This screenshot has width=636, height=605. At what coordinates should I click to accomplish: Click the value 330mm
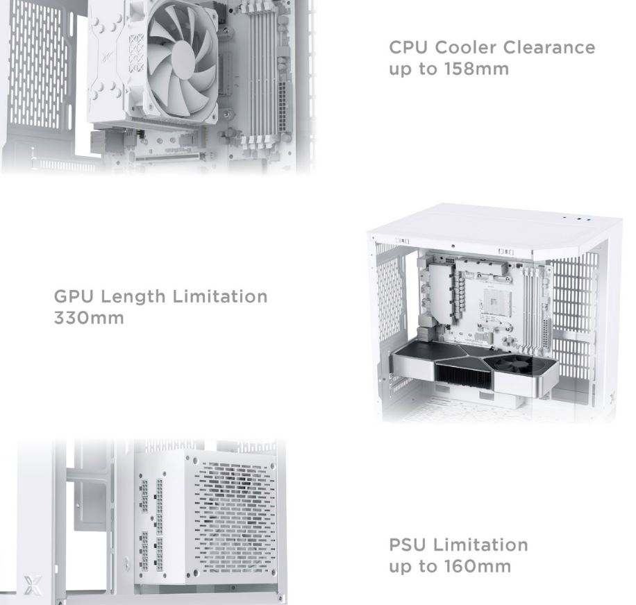[x=89, y=318]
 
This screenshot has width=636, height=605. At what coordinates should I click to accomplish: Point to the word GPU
[x=74, y=296]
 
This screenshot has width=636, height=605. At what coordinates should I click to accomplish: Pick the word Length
[x=133, y=296]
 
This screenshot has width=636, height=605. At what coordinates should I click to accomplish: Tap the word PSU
[x=408, y=545]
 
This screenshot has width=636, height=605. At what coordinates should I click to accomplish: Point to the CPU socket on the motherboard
[x=496, y=302]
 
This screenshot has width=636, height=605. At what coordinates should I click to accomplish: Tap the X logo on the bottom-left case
[x=33, y=585]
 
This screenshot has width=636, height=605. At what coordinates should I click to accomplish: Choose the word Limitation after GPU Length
[x=220, y=296]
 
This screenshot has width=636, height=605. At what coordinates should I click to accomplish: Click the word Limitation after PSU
[x=480, y=545]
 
